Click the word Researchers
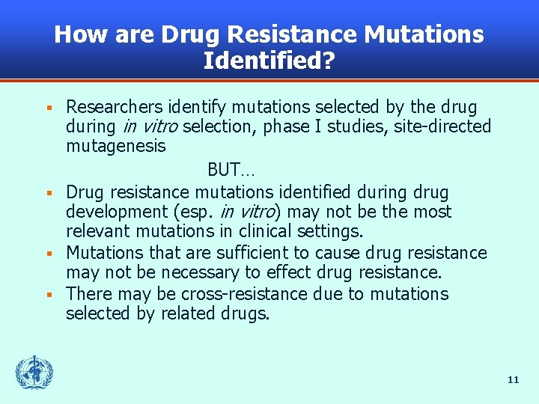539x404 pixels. [x=112, y=107]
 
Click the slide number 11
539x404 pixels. [x=513, y=380]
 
